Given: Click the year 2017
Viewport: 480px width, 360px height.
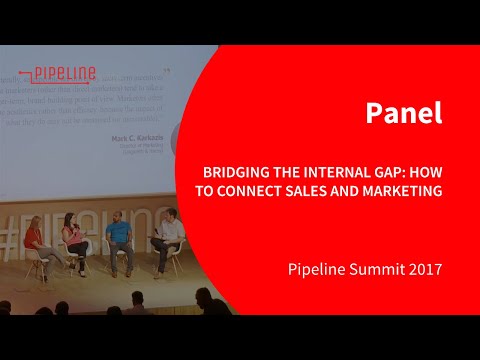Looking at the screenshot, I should (421, 270).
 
